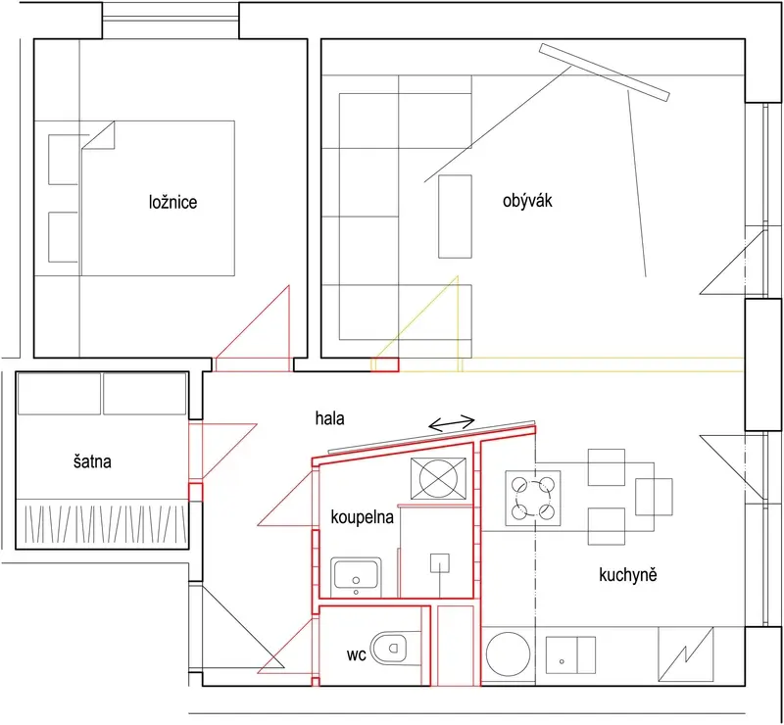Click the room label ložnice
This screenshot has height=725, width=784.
[x=173, y=203]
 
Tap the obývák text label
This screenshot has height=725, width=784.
[x=527, y=201]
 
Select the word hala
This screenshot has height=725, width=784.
[x=329, y=418]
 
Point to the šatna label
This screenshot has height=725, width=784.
[x=92, y=461]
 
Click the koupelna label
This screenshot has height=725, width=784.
[x=362, y=517]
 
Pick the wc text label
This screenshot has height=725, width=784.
[x=357, y=655]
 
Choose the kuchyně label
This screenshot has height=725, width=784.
[x=628, y=575]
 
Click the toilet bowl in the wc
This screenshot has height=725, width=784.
[x=388, y=648]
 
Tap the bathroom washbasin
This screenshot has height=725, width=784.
[x=356, y=575]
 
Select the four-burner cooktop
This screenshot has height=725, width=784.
[x=533, y=498]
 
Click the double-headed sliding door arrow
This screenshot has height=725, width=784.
[x=452, y=423]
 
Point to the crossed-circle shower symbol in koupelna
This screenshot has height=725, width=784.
[x=438, y=478]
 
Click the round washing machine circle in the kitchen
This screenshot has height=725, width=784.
[x=508, y=655]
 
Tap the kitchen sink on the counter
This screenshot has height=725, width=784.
[x=570, y=655]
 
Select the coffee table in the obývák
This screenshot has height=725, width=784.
[x=455, y=217]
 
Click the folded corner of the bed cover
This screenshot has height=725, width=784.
[x=99, y=135]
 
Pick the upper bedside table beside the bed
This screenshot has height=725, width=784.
[x=63, y=160]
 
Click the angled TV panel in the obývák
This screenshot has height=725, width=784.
[x=605, y=72]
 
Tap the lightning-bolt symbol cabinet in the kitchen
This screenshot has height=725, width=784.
[x=685, y=654]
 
